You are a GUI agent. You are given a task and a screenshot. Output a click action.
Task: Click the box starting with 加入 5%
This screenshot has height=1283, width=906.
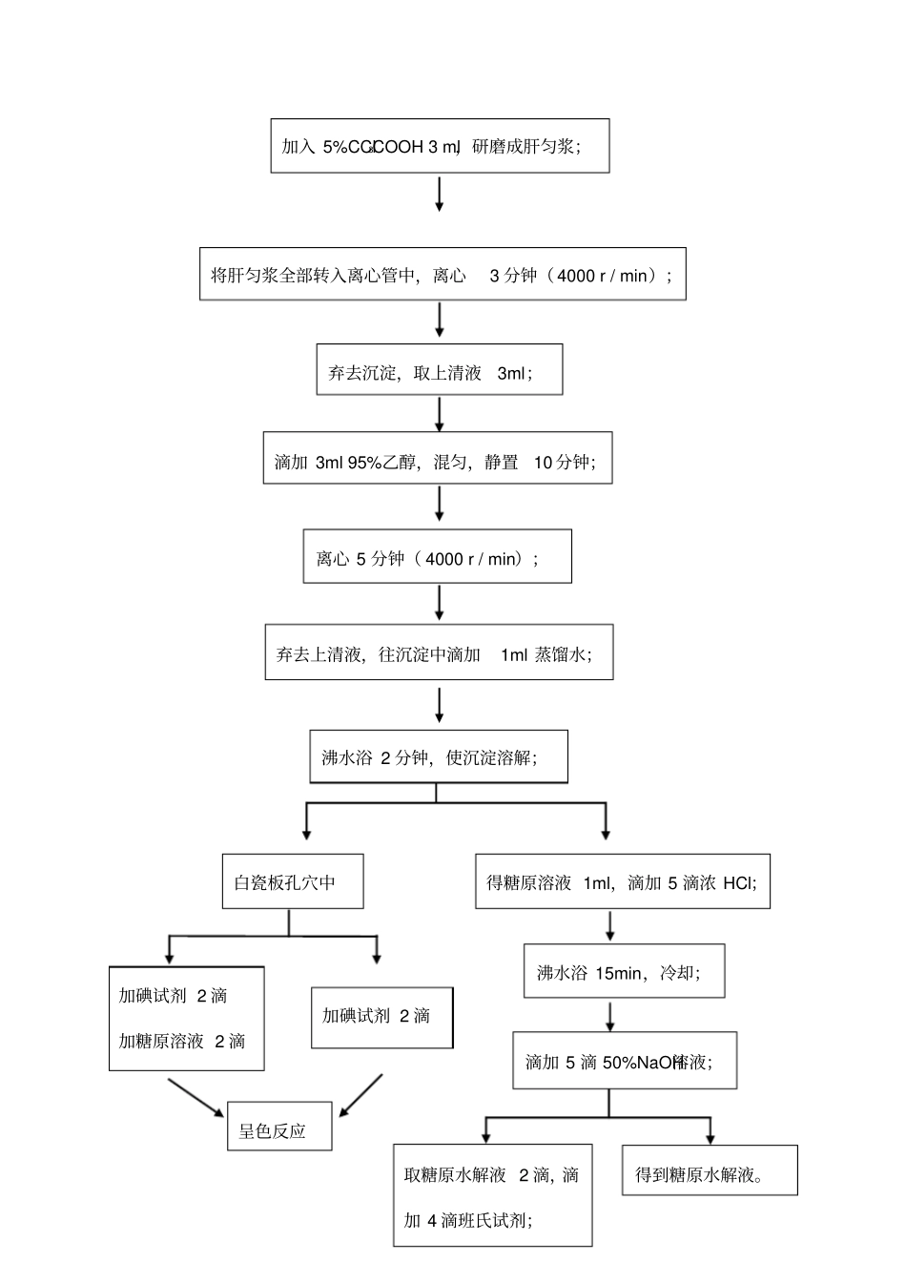click(x=440, y=146)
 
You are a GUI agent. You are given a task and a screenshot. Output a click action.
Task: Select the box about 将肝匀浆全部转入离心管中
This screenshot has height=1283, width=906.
click(x=443, y=275)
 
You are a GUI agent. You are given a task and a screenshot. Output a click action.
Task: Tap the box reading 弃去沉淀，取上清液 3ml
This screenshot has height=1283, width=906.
click(x=440, y=370)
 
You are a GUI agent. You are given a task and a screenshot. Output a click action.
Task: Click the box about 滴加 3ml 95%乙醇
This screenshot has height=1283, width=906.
click(x=438, y=459)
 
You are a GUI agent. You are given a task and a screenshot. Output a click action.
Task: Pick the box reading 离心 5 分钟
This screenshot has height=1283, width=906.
click(x=438, y=557)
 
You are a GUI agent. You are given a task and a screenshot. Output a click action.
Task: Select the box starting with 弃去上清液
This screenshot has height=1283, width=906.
click(x=439, y=652)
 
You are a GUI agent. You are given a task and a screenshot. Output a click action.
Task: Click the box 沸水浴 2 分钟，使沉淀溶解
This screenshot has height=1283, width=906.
click(x=439, y=757)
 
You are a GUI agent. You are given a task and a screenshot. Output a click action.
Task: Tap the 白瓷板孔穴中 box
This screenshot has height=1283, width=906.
click(x=293, y=881)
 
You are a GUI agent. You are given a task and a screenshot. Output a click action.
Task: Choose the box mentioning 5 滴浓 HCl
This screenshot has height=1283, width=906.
click(x=622, y=881)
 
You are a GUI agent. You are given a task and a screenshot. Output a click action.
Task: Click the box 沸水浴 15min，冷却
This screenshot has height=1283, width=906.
click(x=624, y=972)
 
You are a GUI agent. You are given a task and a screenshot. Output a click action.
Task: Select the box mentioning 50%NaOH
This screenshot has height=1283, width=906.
click(x=625, y=1060)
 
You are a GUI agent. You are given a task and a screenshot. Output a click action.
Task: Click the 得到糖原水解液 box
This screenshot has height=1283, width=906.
click(x=710, y=1170)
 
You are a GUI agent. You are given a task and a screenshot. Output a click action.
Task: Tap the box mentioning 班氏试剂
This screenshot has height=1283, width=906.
click(x=492, y=1195)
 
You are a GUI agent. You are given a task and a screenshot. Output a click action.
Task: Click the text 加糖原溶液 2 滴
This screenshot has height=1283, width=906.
click(x=182, y=1041)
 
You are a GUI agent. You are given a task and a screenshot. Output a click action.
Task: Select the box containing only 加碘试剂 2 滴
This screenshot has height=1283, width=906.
click(x=381, y=1017)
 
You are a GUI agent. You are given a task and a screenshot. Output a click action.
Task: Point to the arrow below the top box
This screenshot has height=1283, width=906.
click(x=440, y=194)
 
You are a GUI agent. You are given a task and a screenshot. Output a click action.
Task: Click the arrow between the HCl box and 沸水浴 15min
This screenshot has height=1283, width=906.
click(x=610, y=925)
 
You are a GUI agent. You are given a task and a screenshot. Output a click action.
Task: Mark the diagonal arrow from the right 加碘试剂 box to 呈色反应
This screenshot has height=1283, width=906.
click(x=361, y=1094)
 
